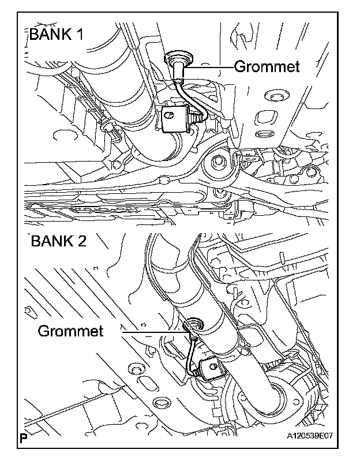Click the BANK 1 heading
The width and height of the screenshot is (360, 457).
[56, 34]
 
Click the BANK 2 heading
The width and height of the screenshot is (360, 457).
[58, 240]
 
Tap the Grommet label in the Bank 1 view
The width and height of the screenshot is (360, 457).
[267, 67]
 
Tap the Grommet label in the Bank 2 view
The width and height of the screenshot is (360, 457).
[70, 331]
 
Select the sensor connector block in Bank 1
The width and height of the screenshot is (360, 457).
[176, 120]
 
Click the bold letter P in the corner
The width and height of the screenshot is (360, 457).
[24, 438]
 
